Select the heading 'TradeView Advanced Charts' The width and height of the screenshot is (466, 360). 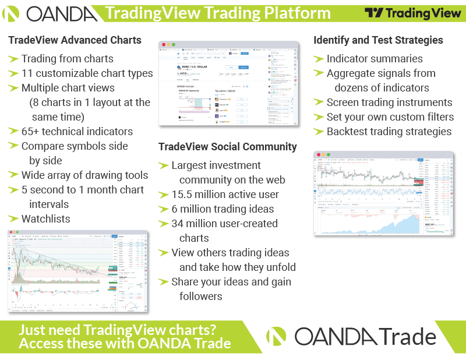[x=75, y=40]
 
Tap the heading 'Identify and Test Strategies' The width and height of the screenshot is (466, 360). [x=378, y=40]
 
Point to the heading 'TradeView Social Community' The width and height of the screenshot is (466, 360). [x=228, y=147]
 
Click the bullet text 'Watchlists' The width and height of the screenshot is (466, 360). [x=45, y=219]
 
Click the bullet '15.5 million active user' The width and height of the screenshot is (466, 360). [x=225, y=195]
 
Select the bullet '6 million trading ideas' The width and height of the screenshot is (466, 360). [x=223, y=209]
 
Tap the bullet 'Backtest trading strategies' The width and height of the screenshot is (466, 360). [x=389, y=131]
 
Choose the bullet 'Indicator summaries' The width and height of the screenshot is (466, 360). [x=375, y=58]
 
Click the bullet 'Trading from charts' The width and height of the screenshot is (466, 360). [x=67, y=58]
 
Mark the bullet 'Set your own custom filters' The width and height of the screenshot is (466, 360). [x=390, y=117]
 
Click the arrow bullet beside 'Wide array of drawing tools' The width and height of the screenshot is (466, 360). [x=13, y=175]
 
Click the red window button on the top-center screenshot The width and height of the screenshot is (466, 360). [x=164, y=45]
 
